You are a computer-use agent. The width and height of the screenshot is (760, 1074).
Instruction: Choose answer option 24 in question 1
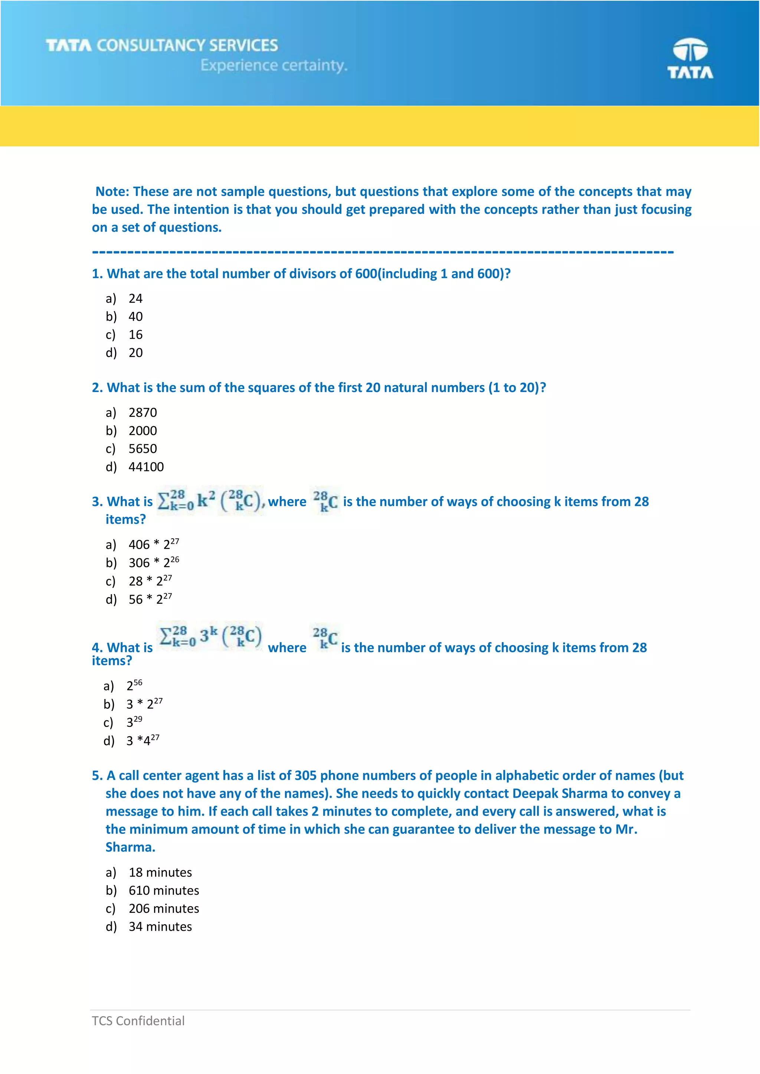(x=135, y=299)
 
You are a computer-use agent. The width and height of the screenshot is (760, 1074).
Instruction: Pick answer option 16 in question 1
(x=135, y=335)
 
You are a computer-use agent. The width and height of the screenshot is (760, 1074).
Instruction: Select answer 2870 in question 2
(x=143, y=413)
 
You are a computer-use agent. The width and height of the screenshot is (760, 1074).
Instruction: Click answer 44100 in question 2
(x=146, y=467)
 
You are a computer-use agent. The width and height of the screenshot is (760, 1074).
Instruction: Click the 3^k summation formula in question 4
(x=210, y=636)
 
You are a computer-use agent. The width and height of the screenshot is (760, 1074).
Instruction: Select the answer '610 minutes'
(x=164, y=891)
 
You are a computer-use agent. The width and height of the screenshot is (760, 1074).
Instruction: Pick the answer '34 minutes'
(x=160, y=927)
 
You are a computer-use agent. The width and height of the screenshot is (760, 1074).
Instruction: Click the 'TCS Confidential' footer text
(x=138, y=1021)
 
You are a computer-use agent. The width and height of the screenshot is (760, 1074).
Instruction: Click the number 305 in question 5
(x=305, y=776)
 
